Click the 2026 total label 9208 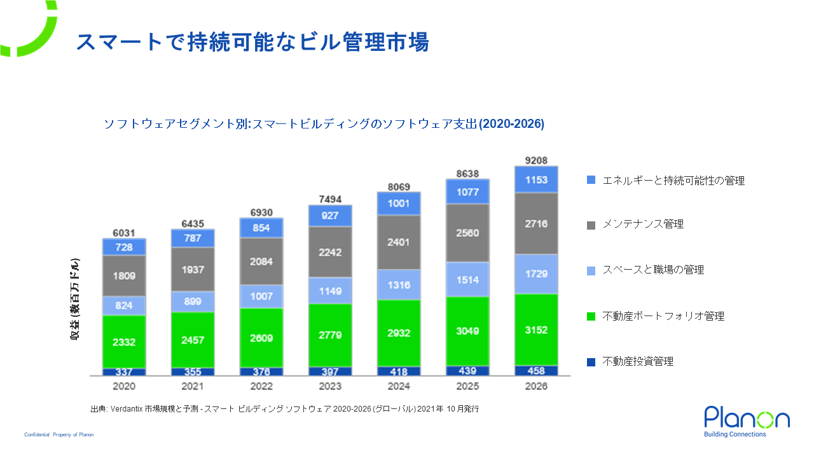click(x=536, y=160)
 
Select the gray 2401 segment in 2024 click(x=399, y=242)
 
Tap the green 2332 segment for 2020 click(x=124, y=342)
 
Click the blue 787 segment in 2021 click(x=193, y=239)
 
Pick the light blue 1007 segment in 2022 click(x=261, y=296)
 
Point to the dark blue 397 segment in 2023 click(x=330, y=371)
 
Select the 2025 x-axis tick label click(x=467, y=386)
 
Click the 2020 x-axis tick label click(x=124, y=386)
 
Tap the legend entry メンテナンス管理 click(x=643, y=225)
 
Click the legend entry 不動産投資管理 click(x=638, y=362)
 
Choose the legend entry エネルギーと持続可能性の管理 click(x=673, y=181)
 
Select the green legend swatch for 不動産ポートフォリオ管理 click(x=591, y=316)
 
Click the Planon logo click(x=747, y=422)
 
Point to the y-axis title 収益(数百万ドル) click(x=75, y=299)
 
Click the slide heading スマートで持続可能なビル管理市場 click(x=252, y=42)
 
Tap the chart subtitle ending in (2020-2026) click(x=324, y=124)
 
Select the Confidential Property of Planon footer click(x=59, y=434)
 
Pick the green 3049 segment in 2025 click(x=467, y=331)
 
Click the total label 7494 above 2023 click(x=330, y=199)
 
